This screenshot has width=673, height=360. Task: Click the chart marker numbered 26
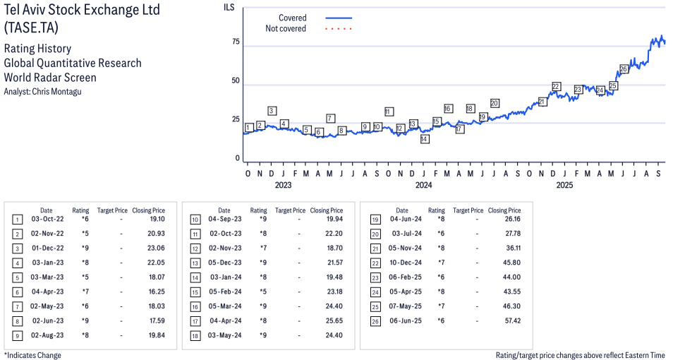click(x=624, y=69)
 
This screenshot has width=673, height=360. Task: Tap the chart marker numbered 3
click(x=272, y=111)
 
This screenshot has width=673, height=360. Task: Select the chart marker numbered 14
click(x=424, y=139)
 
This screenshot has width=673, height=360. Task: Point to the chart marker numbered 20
click(x=495, y=103)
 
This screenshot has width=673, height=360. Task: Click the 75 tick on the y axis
click(x=236, y=42)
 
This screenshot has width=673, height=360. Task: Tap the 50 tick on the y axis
click(x=236, y=81)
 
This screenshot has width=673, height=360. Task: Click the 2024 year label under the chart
click(x=423, y=186)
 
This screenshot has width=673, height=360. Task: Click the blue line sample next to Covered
click(x=339, y=18)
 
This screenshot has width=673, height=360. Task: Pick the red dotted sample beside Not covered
click(x=339, y=29)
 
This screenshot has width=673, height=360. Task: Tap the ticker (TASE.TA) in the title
click(x=31, y=28)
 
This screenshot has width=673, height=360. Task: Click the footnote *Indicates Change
click(x=32, y=355)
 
